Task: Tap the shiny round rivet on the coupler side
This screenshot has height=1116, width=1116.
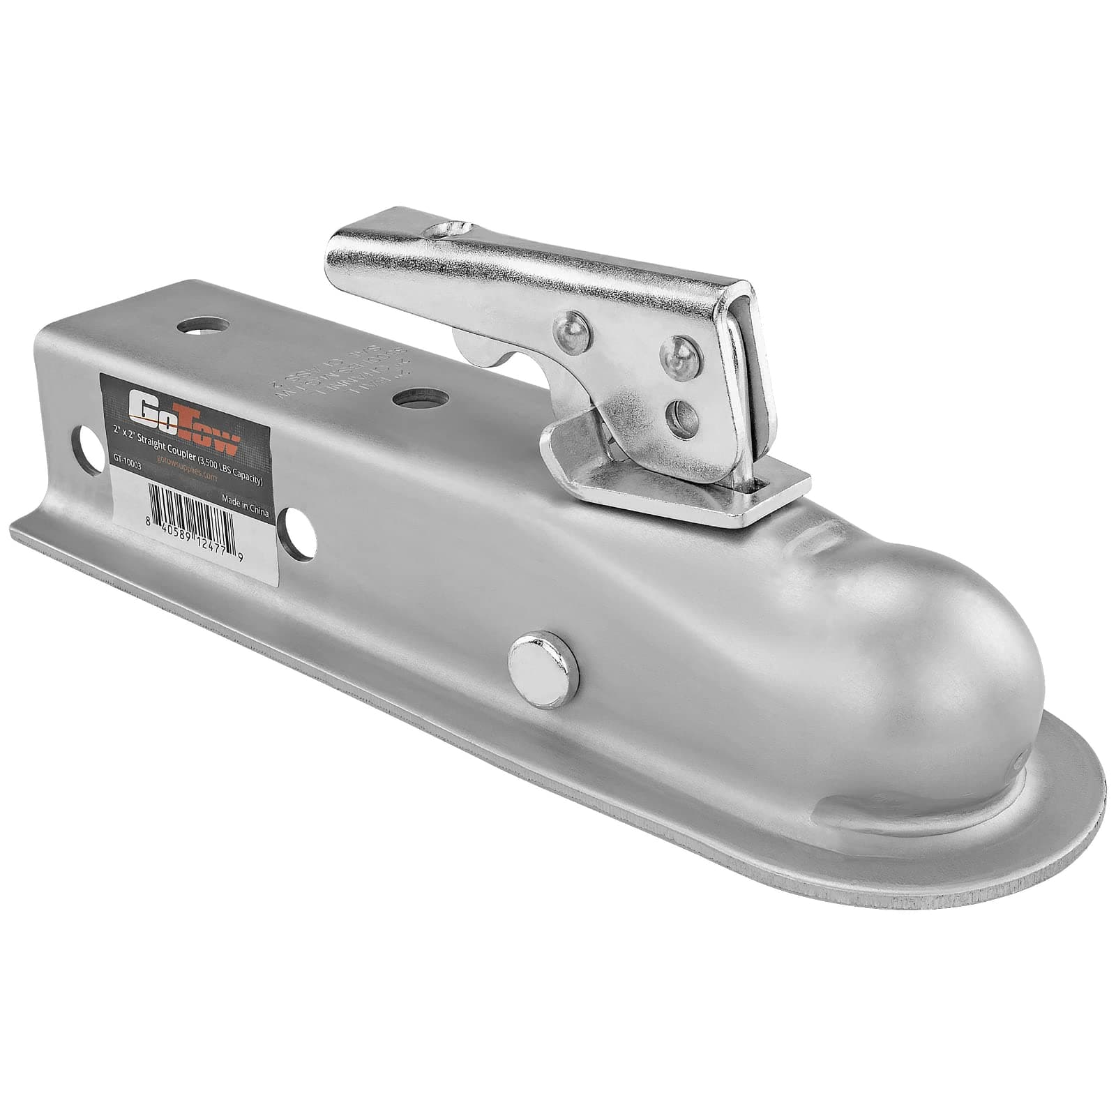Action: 543,659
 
